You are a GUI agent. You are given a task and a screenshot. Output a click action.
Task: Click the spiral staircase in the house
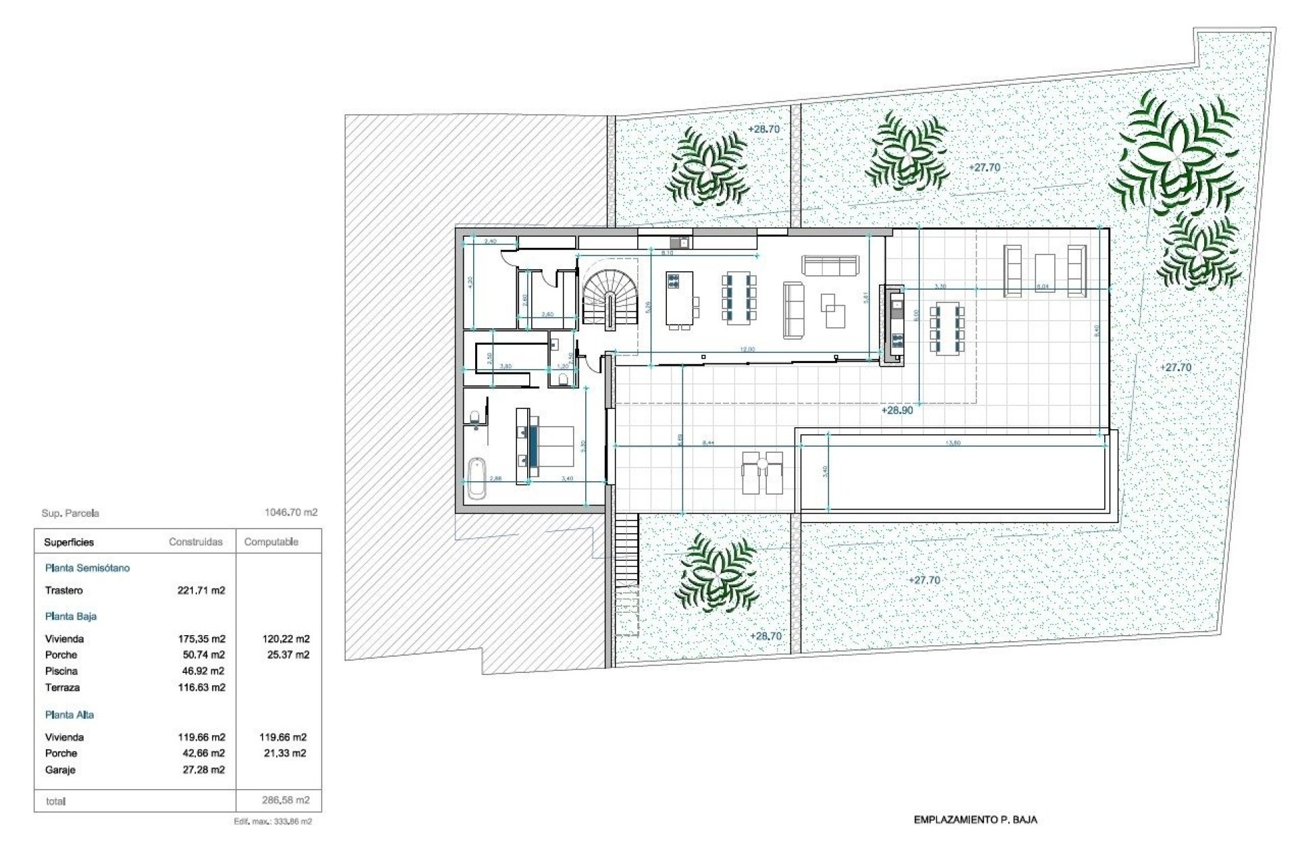[x=610, y=300]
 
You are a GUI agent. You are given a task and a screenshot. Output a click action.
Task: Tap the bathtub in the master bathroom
[x=477, y=478]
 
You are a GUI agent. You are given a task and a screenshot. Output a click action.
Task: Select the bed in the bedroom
[x=550, y=447]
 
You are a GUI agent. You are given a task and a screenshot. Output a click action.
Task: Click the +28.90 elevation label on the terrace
[x=896, y=410]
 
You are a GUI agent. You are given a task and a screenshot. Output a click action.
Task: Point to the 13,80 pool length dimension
[x=953, y=443]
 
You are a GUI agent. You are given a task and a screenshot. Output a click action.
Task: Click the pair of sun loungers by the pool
[x=762, y=473]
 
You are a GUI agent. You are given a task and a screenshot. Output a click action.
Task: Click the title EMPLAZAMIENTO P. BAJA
[x=975, y=820]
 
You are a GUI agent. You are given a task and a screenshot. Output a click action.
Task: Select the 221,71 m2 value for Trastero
[x=201, y=591]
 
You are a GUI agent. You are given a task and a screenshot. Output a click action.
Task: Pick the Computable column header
[x=271, y=542]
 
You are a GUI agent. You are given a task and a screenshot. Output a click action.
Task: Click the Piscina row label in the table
[x=61, y=671]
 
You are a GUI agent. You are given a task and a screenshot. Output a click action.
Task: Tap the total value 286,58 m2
[x=286, y=801]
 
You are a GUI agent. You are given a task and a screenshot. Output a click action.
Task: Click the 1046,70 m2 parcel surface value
[x=290, y=512]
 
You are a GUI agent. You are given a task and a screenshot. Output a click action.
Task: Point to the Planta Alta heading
[x=70, y=715]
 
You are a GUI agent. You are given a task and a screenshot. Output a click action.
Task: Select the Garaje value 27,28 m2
[x=204, y=769]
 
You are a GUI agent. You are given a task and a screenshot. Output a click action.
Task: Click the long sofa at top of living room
[x=830, y=265]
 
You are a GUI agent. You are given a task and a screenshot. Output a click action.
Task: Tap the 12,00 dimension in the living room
[x=747, y=350]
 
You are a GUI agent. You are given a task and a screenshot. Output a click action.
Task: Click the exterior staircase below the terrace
[x=627, y=551]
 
